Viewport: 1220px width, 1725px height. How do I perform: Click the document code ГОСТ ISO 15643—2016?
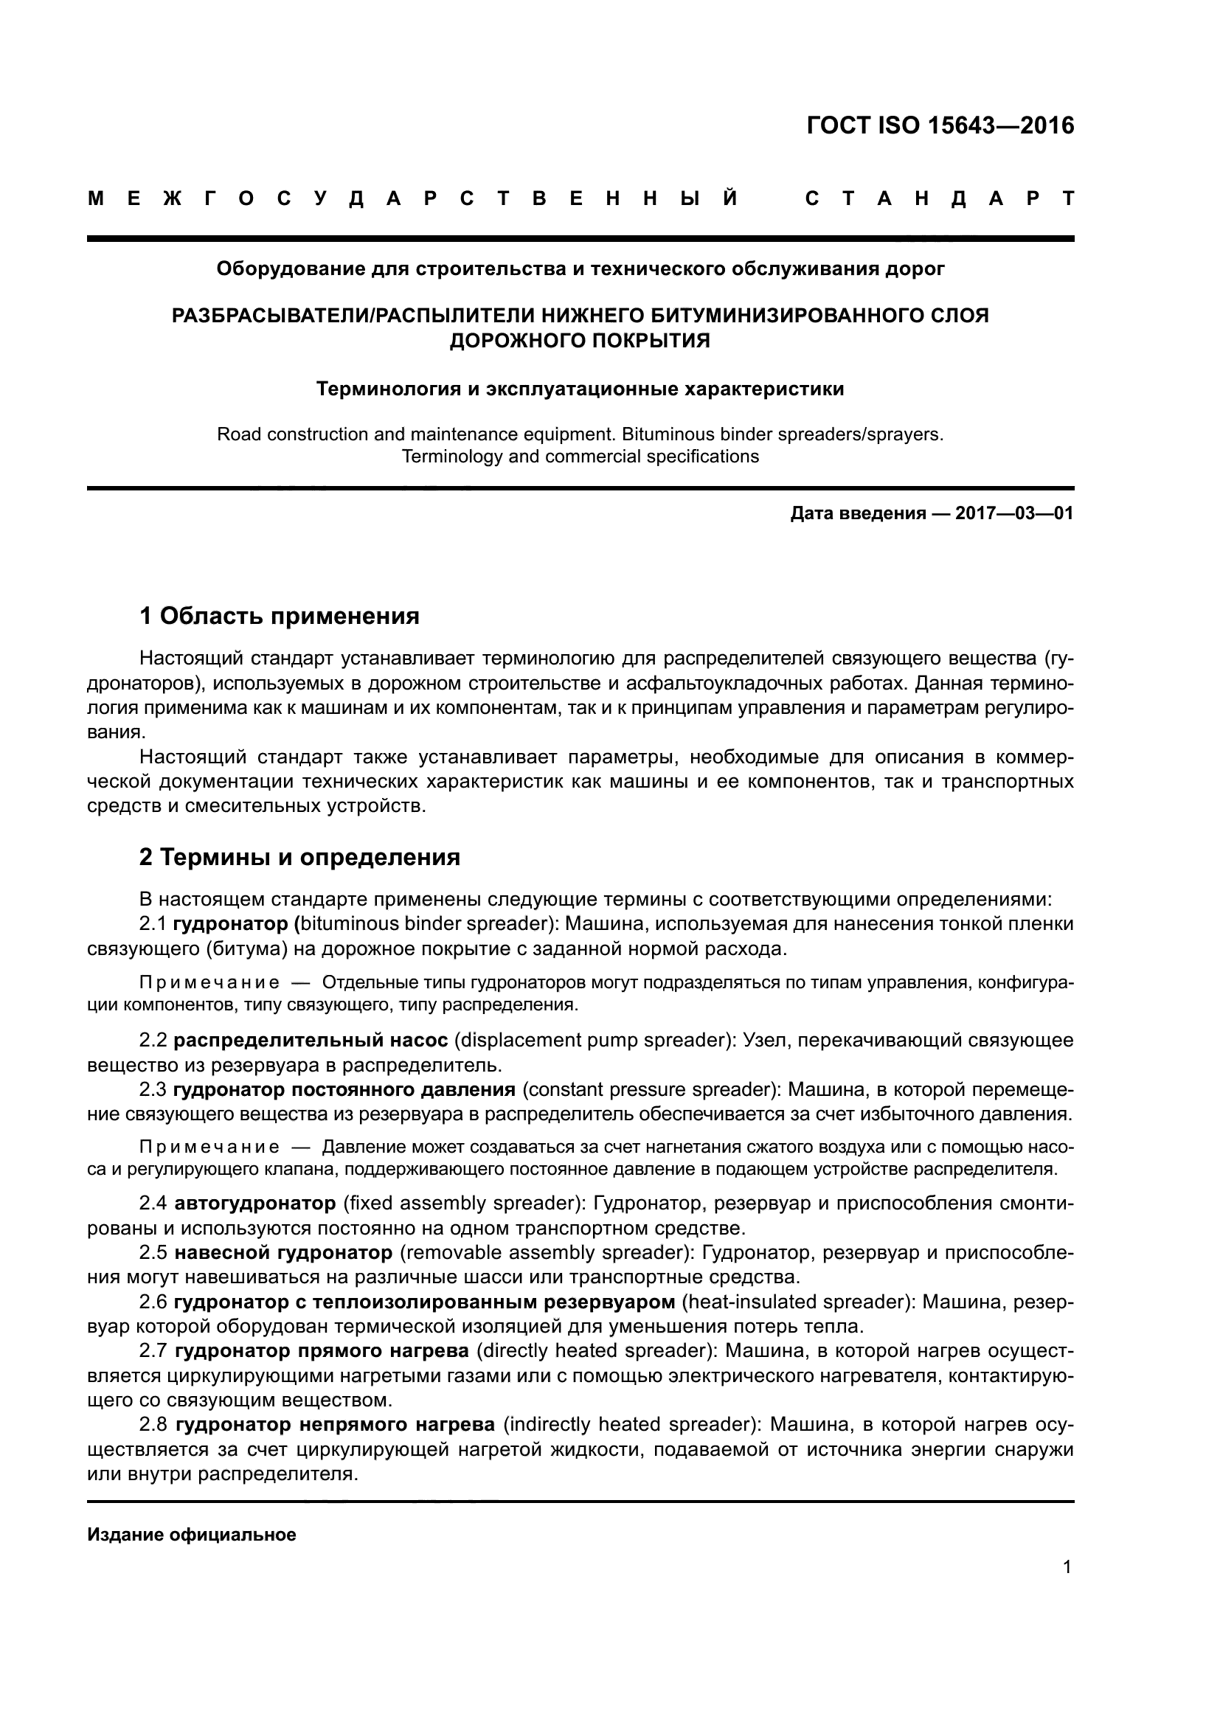(940, 125)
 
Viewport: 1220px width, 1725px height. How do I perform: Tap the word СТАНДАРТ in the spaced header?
(939, 199)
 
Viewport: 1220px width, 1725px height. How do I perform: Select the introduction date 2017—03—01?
(1013, 514)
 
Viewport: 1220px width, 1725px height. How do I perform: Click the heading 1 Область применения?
(280, 617)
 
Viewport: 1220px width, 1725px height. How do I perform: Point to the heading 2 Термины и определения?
(299, 857)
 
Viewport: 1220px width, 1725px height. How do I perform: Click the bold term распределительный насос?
(311, 1041)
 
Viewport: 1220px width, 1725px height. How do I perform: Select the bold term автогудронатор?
(254, 1204)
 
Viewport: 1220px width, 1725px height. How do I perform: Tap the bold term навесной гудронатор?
(283, 1252)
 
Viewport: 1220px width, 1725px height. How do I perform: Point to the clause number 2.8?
(153, 1425)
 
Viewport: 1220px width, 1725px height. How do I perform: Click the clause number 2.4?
(153, 1204)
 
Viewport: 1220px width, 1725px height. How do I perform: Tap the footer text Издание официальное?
(192, 1535)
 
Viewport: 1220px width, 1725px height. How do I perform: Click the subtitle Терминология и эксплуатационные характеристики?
(580, 389)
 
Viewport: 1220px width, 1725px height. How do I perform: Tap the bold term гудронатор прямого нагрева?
(322, 1351)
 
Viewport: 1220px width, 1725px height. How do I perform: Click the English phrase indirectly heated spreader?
(628, 1425)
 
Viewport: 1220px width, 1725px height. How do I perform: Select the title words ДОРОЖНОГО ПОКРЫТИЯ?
(580, 341)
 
